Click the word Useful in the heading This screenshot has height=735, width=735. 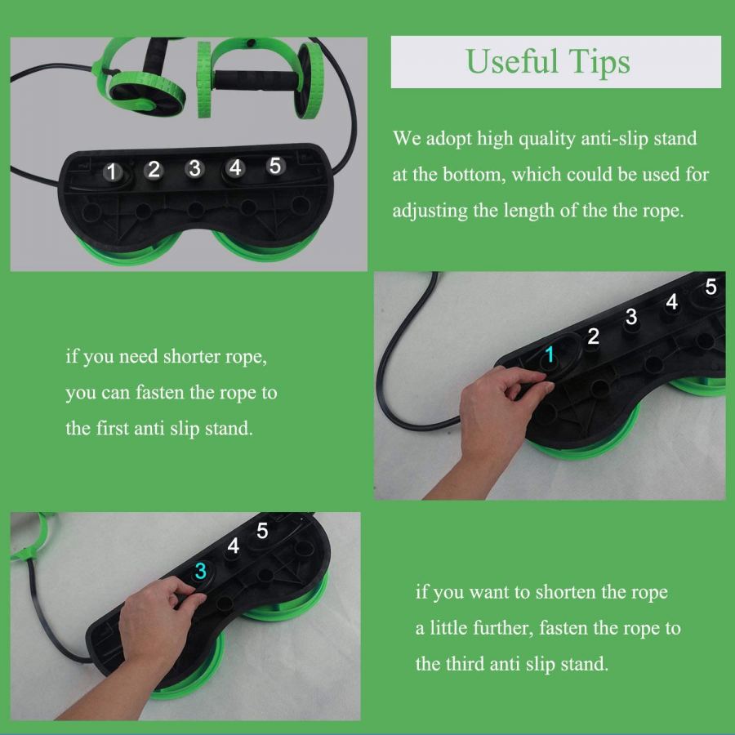tap(512, 61)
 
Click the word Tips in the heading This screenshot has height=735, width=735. tap(599, 63)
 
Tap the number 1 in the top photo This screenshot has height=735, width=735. tap(112, 171)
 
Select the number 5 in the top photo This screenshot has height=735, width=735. tap(276, 166)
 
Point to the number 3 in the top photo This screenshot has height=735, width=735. tap(194, 168)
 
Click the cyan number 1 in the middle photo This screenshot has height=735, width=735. tap(550, 354)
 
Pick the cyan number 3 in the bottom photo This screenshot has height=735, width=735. tap(201, 571)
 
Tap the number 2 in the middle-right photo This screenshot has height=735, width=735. tap(593, 336)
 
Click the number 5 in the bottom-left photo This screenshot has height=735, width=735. tap(262, 531)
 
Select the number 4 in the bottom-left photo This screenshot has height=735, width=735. tap(233, 546)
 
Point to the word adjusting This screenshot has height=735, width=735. tap(430, 212)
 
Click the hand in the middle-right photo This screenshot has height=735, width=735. tap(497, 417)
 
